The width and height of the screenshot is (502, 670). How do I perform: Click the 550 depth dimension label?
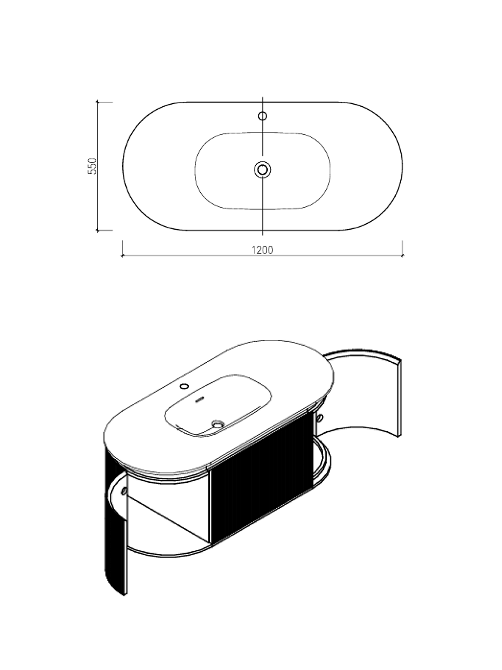(92, 166)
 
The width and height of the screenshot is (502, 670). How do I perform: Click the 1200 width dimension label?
(262, 250)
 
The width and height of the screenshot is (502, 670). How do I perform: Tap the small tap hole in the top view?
(262, 116)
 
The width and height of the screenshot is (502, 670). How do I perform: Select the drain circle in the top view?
(262, 169)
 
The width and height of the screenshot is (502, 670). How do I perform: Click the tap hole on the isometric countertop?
(184, 386)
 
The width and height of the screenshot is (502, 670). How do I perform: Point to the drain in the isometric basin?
(218, 424)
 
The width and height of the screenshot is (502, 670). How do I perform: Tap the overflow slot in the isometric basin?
(199, 398)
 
